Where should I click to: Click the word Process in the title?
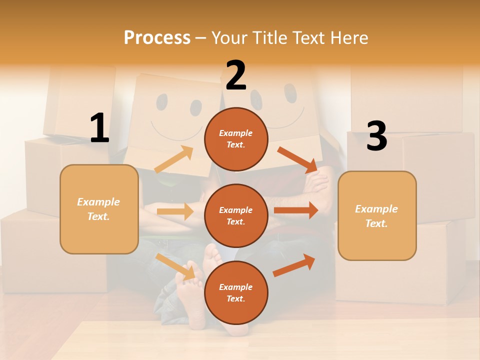157,37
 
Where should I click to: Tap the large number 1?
99,128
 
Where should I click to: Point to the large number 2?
236,75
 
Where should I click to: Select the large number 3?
376,136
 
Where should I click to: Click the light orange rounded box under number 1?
99,209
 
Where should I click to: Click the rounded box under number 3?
377,216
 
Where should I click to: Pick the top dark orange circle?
236,139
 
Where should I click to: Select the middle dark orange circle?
236,215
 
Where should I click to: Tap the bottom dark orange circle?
236,292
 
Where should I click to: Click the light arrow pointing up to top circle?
174,159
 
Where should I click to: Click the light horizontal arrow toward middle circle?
175,211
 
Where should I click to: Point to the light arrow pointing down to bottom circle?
175,266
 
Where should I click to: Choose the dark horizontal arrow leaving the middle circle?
295,210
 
